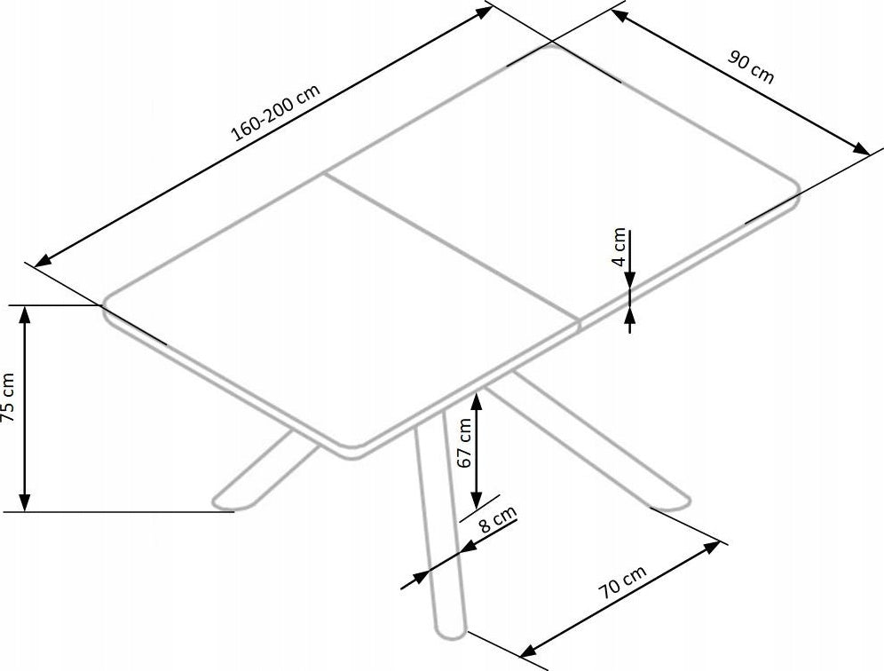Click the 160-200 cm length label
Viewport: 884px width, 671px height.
point(276,113)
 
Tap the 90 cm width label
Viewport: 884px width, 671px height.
point(752,67)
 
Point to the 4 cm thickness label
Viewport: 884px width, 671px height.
point(620,247)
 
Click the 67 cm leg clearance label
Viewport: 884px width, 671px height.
point(464,443)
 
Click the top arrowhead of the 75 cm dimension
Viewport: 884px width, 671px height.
point(24,314)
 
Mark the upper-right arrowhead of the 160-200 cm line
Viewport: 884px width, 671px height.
point(485,12)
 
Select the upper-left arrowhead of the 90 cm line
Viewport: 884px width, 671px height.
point(620,16)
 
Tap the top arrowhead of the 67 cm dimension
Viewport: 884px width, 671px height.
point(477,401)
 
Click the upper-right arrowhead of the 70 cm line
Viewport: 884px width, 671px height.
point(712,546)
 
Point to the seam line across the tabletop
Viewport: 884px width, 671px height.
point(453,249)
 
